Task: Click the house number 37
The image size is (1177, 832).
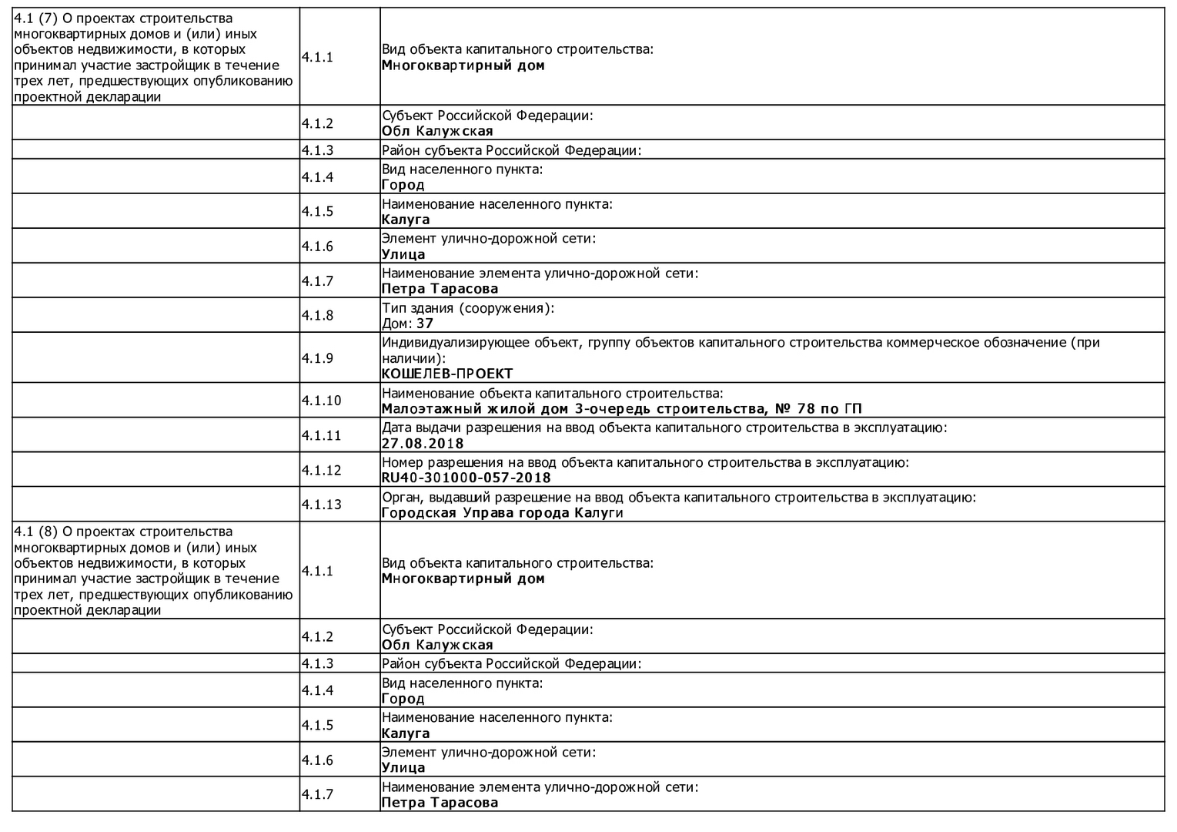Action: coord(425,324)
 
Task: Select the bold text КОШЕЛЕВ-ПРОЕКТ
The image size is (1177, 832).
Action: coord(446,374)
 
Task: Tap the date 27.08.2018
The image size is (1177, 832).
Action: coord(423,443)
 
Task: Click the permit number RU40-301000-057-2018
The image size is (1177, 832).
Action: coord(466,478)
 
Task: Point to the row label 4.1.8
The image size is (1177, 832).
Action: coord(317,315)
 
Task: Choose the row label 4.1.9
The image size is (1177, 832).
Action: coord(317,357)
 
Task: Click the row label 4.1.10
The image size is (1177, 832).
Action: coord(321,401)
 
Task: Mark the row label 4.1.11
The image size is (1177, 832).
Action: coord(321,435)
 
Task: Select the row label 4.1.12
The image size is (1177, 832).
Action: coord(321,470)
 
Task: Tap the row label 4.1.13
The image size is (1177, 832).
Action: coord(321,505)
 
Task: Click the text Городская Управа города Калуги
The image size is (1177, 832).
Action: coord(502,512)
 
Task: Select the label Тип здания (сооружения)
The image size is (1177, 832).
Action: coord(467,308)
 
